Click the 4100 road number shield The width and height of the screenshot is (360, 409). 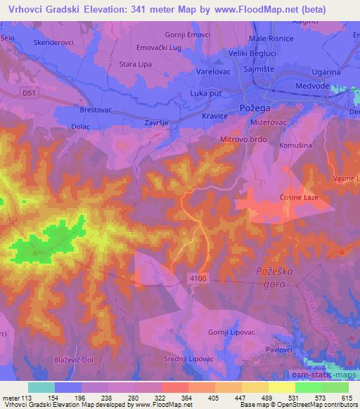[198, 280]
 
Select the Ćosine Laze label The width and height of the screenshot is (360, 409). [300, 197]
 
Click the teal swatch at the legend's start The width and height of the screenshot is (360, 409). [41, 387]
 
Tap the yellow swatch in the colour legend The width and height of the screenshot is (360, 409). [281, 387]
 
